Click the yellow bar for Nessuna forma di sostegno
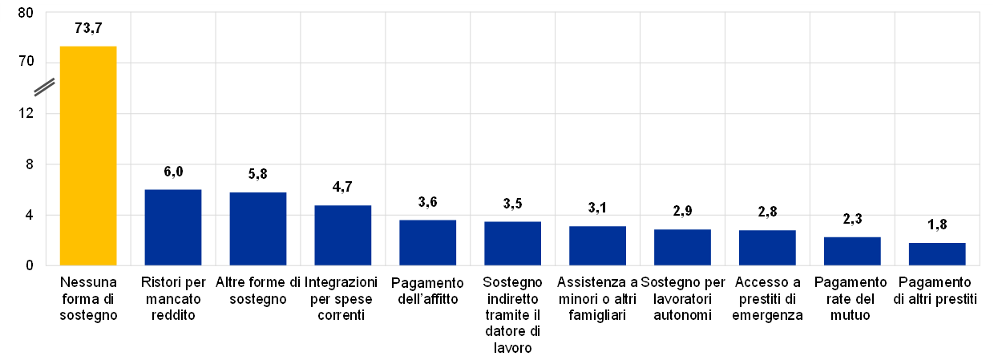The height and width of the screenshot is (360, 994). point(88,156)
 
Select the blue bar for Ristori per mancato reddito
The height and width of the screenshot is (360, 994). point(172,228)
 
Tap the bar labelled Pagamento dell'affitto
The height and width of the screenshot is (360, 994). point(427,243)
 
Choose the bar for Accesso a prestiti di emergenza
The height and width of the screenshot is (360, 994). point(767,248)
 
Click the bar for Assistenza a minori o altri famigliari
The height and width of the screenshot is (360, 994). point(597,246)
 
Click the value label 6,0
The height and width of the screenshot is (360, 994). point(172,172)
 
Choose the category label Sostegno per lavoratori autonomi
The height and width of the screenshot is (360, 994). point(682,298)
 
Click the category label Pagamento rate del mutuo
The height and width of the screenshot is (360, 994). point(852,298)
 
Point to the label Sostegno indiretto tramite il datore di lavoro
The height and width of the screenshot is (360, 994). point(512,315)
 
